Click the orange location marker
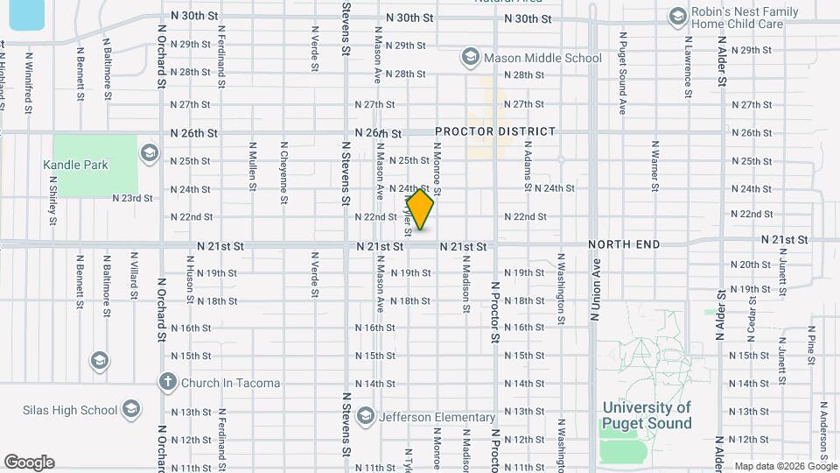420,210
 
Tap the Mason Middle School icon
470,58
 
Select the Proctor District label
495,131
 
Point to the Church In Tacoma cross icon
168,383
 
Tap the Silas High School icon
130,410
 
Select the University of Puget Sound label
646,415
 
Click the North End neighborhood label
624,244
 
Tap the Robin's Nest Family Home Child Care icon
677,17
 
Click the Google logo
29,462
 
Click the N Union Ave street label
598,284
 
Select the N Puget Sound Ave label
623,74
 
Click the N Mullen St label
252,166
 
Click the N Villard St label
134,276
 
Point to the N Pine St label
811,342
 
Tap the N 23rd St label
132,199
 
